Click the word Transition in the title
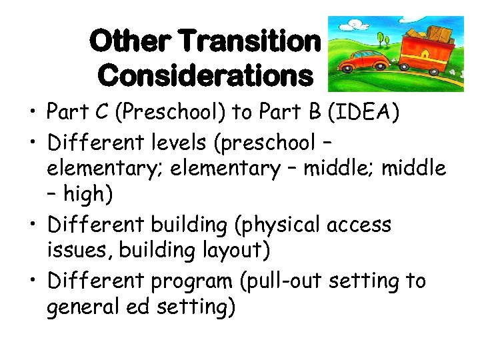pyautogui.click(x=250, y=42)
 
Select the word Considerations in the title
pyautogui.click(x=205, y=75)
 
